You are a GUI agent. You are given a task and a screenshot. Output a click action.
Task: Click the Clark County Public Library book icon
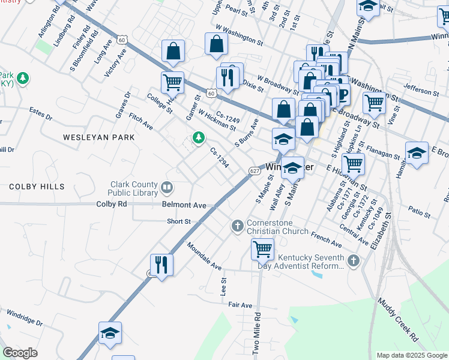pyautogui.click(x=167, y=189)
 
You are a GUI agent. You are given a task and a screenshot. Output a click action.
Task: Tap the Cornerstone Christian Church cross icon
pyautogui.click(x=237, y=226)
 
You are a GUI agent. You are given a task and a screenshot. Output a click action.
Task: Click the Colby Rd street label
pyautogui.click(x=112, y=205)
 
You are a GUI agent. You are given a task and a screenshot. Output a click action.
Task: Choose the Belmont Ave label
pyautogui.click(x=184, y=205)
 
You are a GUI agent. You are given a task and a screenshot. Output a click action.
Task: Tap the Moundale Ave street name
pyautogui.click(x=204, y=256)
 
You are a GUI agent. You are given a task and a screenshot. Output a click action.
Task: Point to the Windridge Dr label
pyautogui.click(x=25, y=319)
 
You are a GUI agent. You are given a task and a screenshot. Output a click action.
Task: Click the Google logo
pyautogui.click(x=20, y=353)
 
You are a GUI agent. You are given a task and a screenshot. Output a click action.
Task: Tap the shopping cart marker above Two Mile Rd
pyautogui.click(x=262, y=248)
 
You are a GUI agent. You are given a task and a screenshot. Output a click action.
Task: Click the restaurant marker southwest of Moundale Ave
pyautogui.click(x=161, y=264)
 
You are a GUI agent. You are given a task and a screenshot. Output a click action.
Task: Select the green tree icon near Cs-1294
pyautogui.click(x=198, y=139)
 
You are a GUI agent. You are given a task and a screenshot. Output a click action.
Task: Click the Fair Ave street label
pyautogui.click(x=240, y=305)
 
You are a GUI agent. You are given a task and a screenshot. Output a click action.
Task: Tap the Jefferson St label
pyautogui.click(x=421, y=91)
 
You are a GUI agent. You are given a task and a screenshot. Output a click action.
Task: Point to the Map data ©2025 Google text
pyautogui.click(x=411, y=355)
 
